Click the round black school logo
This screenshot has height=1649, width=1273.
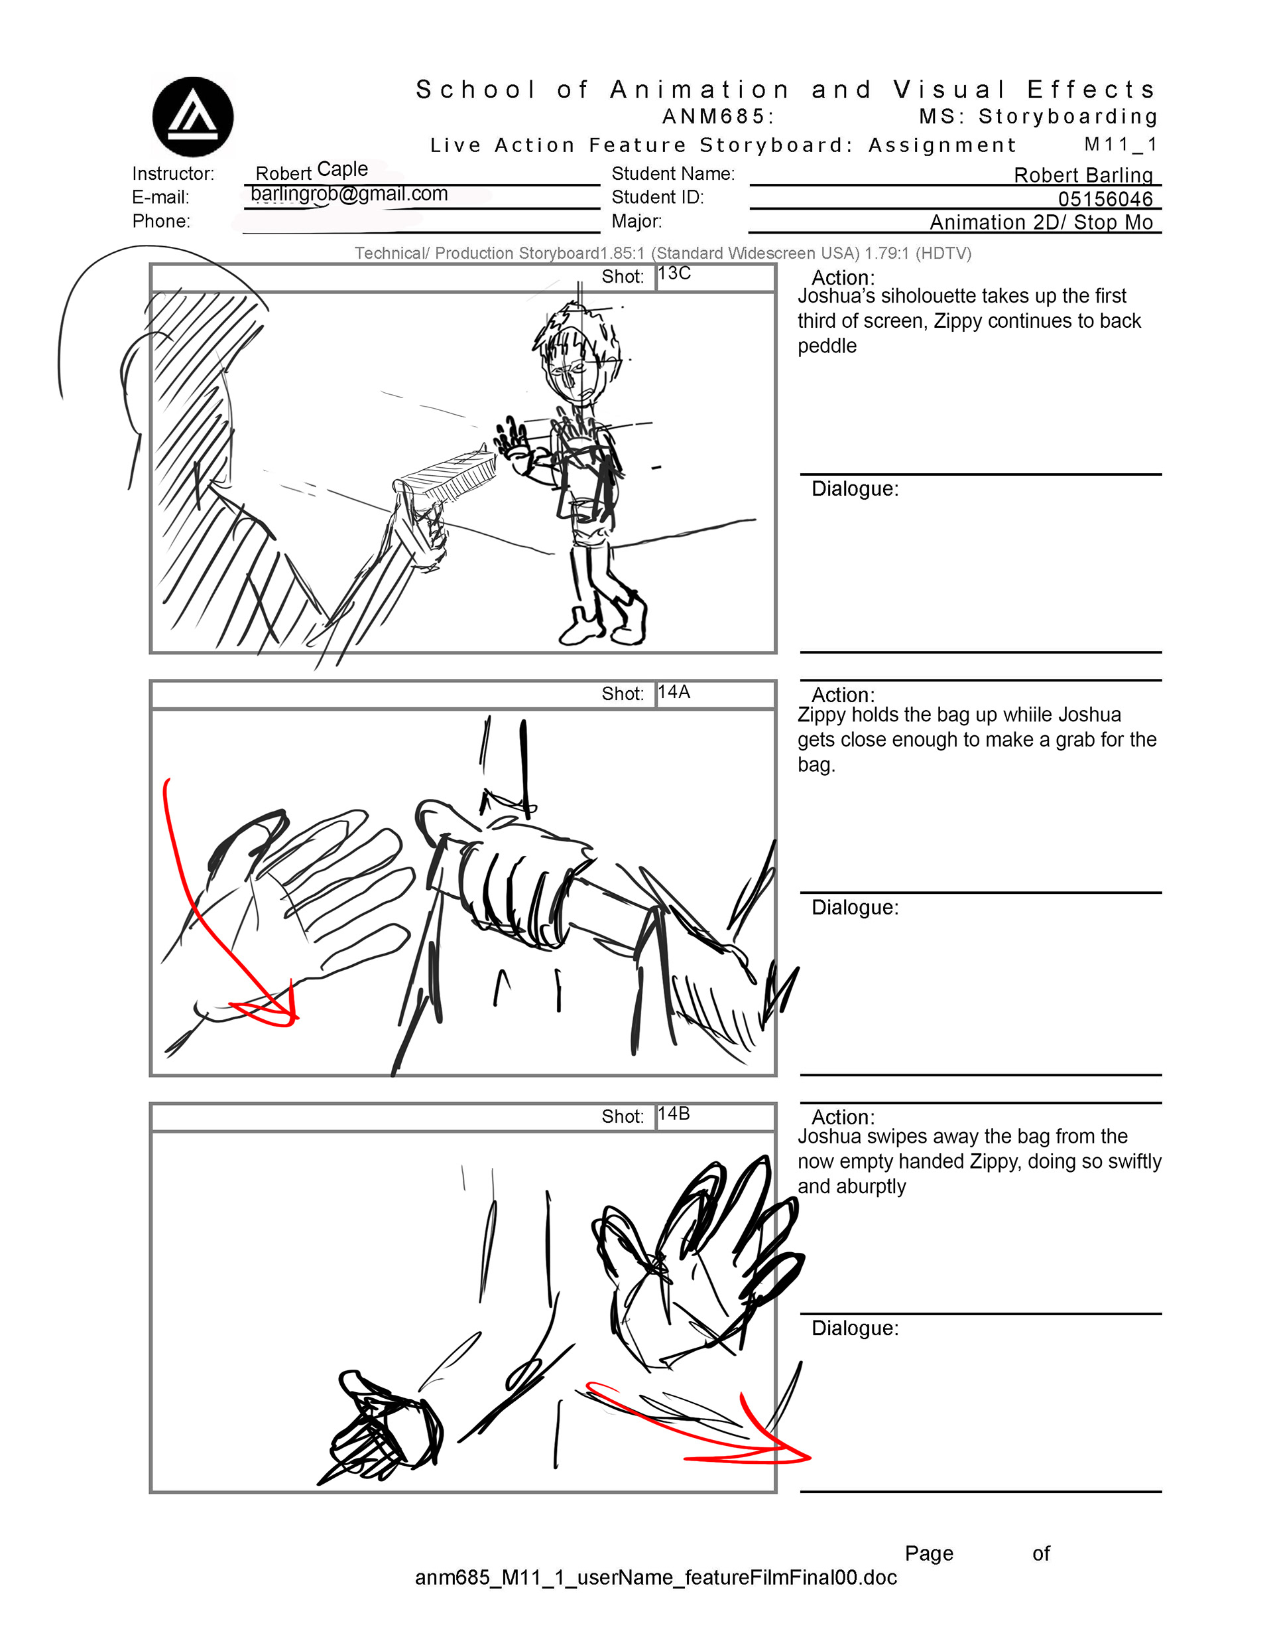pyautogui.click(x=192, y=117)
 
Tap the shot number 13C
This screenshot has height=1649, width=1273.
pyautogui.click(x=674, y=273)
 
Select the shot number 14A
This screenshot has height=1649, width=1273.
pyautogui.click(x=674, y=691)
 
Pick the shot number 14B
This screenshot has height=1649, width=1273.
pyautogui.click(x=674, y=1113)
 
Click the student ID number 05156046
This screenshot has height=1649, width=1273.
pyautogui.click(x=1105, y=198)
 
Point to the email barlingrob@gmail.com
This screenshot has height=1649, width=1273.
pyautogui.click(x=349, y=194)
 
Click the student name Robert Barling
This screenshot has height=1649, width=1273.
pyautogui.click(x=1083, y=175)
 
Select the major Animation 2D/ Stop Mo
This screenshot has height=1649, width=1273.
pyautogui.click(x=1042, y=222)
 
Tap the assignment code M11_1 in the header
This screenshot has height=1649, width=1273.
pyautogui.click(x=1120, y=144)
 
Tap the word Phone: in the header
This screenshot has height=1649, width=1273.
pyautogui.click(x=160, y=221)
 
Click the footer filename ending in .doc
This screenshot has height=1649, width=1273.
pyautogui.click(x=656, y=1577)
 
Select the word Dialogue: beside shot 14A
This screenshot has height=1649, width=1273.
pyautogui.click(x=855, y=907)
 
